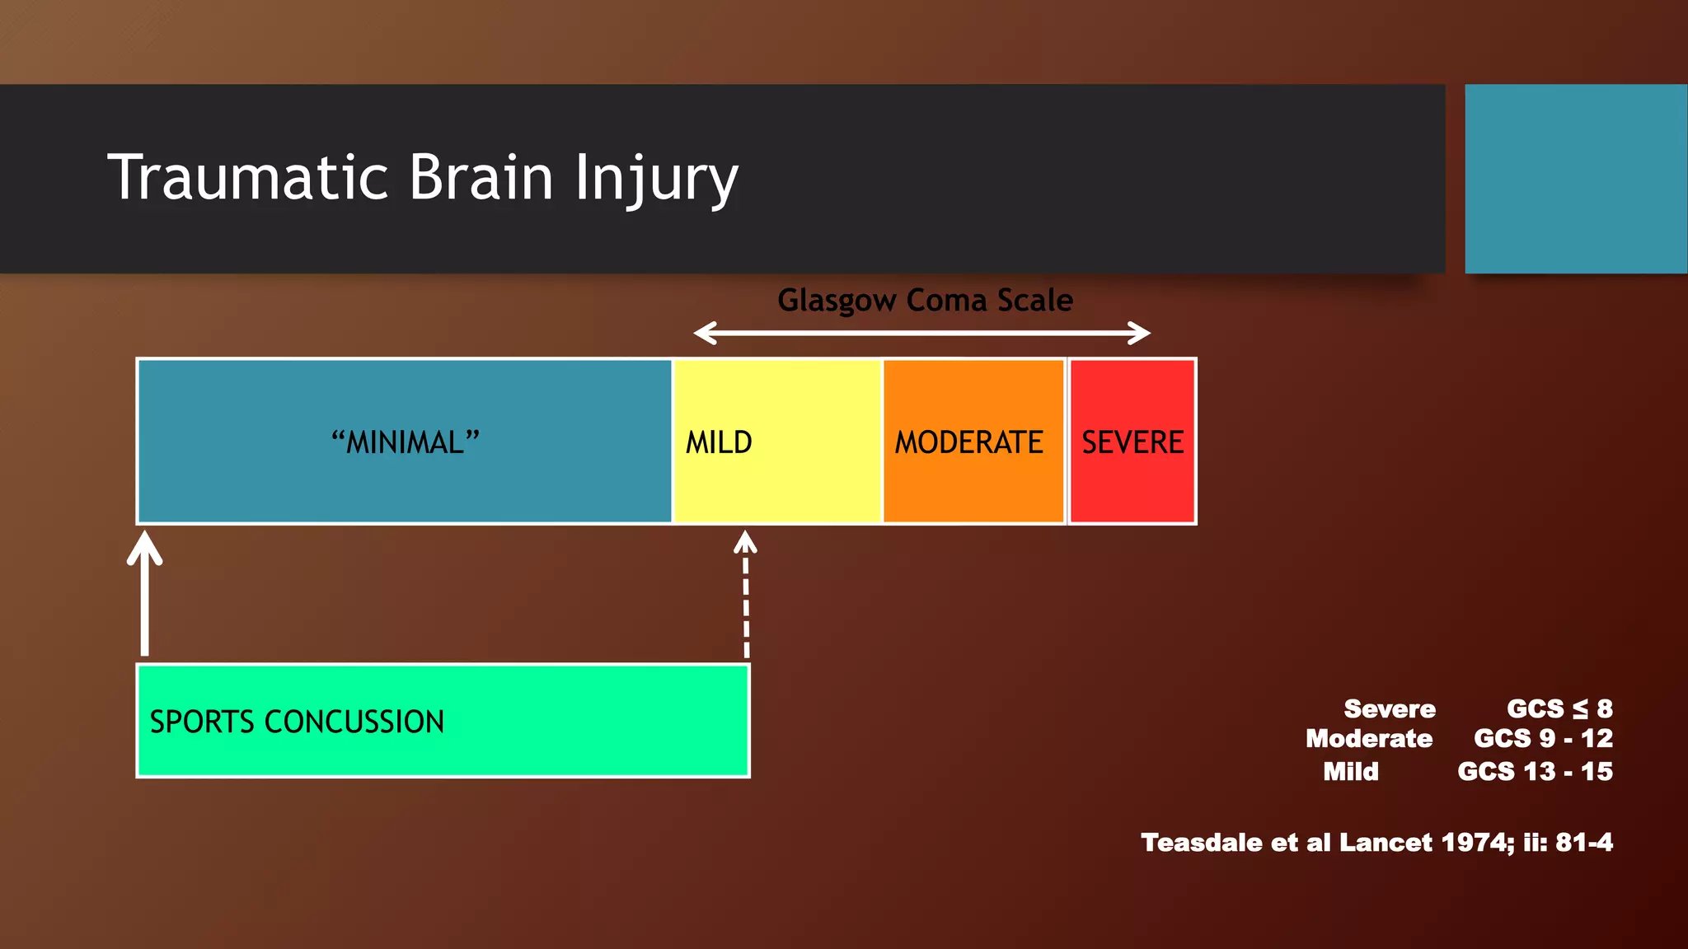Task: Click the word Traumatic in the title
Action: coord(247,177)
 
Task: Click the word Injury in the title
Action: coord(656,179)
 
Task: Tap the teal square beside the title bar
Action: coord(1575,179)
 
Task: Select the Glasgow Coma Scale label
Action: coord(925,301)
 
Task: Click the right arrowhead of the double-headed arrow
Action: coord(1141,334)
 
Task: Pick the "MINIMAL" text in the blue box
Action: coord(405,442)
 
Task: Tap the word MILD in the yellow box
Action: coord(719,442)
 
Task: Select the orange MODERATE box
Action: coord(973,442)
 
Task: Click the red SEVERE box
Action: coord(1132,442)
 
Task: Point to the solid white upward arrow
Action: coord(145,593)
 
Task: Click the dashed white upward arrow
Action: coord(745,593)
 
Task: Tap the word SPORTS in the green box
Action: coord(202,722)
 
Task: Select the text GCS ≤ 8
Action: coord(1559,708)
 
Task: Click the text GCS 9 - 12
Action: coord(1543,738)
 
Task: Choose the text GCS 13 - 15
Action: coord(1535,772)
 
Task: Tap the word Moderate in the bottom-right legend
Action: coord(1368,738)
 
